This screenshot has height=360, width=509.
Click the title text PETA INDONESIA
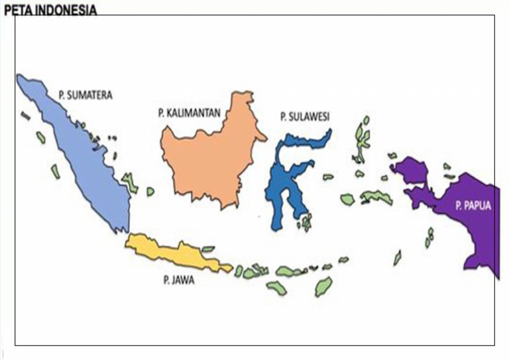click(50, 9)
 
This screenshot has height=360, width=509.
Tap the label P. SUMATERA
click(85, 95)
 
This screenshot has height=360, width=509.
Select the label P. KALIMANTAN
click(189, 113)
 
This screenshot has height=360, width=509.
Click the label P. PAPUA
click(473, 206)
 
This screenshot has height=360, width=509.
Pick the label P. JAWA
click(178, 280)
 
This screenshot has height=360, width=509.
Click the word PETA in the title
click(17, 9)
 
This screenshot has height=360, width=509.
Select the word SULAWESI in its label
click(310, 117)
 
